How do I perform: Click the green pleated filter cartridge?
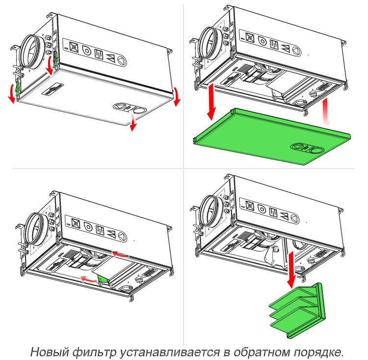tap(296, 309)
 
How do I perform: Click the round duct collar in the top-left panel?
tap(31, 49)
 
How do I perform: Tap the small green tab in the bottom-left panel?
tap(103, 279)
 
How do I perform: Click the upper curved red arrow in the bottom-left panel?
tap(121, 254)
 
